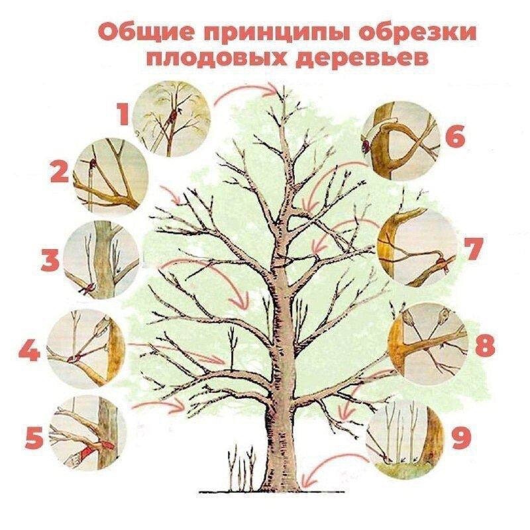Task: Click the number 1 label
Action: pyautogui.click(x=123, y=114)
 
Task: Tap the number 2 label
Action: pyautogui.click(x=60, y=174)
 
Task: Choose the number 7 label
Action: pyautogui.click(x=471, y=250)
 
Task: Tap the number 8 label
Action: pyautogui.click(x=484, y=344)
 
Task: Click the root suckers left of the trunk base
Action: pyautogui.click(x=241, y=470)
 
